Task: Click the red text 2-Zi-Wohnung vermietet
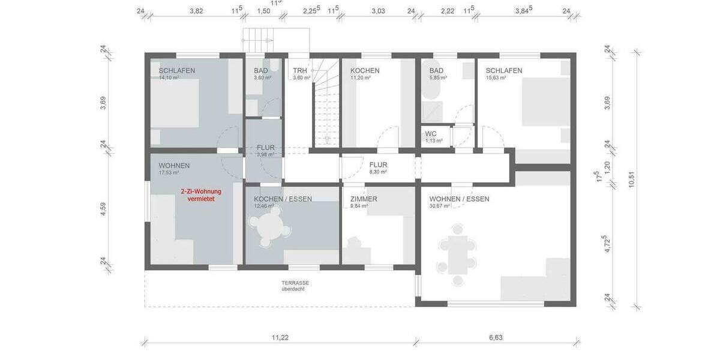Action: click(201, 195)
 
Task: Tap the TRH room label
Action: click(300, 70)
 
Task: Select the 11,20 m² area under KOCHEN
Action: click(361, 78)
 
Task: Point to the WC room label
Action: click(431, 134)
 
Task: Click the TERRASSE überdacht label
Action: click(295, 286)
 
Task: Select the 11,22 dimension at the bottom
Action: click(280, 338)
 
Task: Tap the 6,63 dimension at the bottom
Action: click(496, 338)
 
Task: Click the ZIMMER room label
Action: click(364, 199)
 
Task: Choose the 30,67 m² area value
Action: click(441, 206)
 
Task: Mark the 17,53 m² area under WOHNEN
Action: click(169, 173)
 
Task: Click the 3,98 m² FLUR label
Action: click(265, 154)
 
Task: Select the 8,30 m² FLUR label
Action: click(377, 172)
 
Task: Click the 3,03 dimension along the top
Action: click(378, 11)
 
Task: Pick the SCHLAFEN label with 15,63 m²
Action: click(503, 70)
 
